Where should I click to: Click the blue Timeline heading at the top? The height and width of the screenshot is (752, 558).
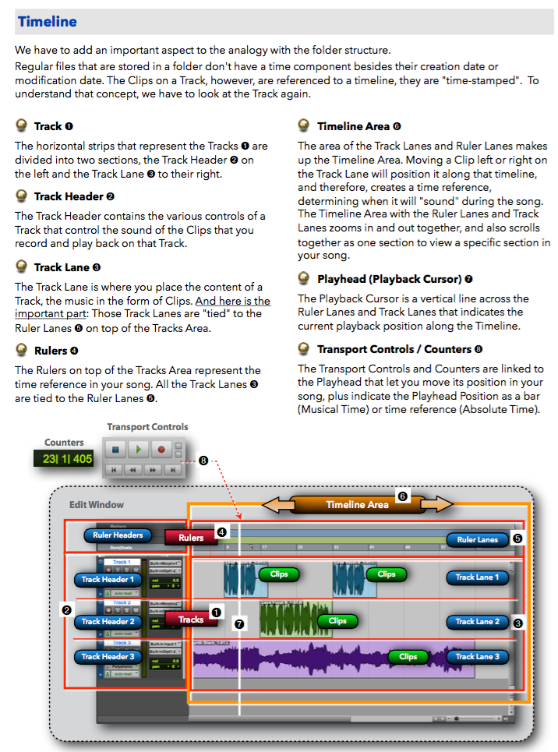(x=48, y=21)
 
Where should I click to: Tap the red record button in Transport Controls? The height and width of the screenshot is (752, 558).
(x=161, y=449)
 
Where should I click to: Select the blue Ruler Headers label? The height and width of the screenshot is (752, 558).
(x=118, y=535)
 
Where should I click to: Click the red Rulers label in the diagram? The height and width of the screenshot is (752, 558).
(x=191, y=537)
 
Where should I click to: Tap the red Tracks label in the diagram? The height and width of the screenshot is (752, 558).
(x=190, y=620)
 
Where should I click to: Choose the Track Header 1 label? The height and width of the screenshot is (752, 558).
(x=108, y=579)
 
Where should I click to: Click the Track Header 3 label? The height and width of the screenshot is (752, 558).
(x=108, y=656)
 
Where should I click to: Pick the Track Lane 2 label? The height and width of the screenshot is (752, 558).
(x=478, y=621)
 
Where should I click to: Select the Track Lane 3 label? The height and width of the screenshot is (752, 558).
(x=478, y=656)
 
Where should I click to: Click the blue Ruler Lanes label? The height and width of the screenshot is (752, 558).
(x=477, y=539)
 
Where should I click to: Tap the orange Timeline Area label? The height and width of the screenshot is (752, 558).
(x=357, y=504)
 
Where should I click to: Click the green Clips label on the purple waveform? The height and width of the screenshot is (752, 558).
(x=408, y=656)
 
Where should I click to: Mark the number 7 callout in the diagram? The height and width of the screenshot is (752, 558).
(x=239, y=623)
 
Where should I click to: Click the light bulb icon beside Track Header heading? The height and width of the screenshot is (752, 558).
(x=22, y=196)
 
